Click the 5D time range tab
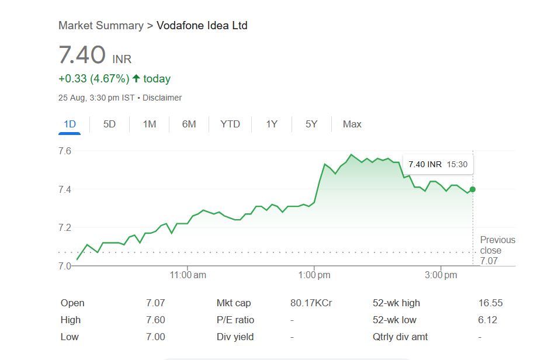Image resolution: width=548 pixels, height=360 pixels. pos(109,124)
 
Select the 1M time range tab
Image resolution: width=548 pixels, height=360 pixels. pos(150,124)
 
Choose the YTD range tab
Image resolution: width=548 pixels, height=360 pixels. pos(230,124)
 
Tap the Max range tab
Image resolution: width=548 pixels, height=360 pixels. pos(352,124)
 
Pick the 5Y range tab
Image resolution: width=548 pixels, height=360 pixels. pos(311,124)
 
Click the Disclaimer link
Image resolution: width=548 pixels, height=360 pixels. pos(162,98)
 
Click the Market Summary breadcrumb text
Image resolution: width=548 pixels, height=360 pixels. pos(100,26)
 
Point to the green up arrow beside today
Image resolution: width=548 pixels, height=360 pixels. pos(136,78)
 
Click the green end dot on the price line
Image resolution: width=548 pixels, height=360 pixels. pos(472,189)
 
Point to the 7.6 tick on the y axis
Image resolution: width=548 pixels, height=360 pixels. pos(65,151)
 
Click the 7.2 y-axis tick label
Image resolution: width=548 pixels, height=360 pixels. pos(65,227)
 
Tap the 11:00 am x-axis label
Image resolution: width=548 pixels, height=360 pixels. pos(188,275)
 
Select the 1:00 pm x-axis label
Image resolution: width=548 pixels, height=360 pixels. pos(315,275)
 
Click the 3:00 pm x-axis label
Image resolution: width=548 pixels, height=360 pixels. pos(441,275)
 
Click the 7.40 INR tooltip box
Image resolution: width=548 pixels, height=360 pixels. pos(438,164)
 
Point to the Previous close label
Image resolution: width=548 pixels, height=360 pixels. pos(498,245)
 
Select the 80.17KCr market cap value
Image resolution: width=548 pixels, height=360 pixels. pos(311,303)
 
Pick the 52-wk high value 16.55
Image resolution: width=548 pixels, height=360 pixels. pos(490,303)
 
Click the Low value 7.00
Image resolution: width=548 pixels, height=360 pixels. pos(155,337)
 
